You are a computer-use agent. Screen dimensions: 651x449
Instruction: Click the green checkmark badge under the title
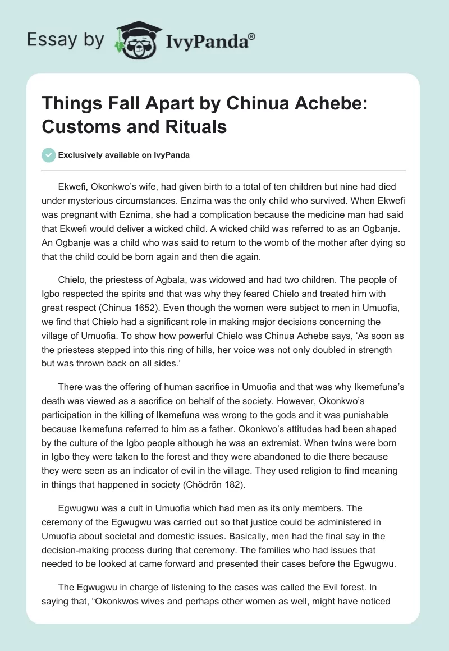49,155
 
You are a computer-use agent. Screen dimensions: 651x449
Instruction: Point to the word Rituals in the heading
197,127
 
